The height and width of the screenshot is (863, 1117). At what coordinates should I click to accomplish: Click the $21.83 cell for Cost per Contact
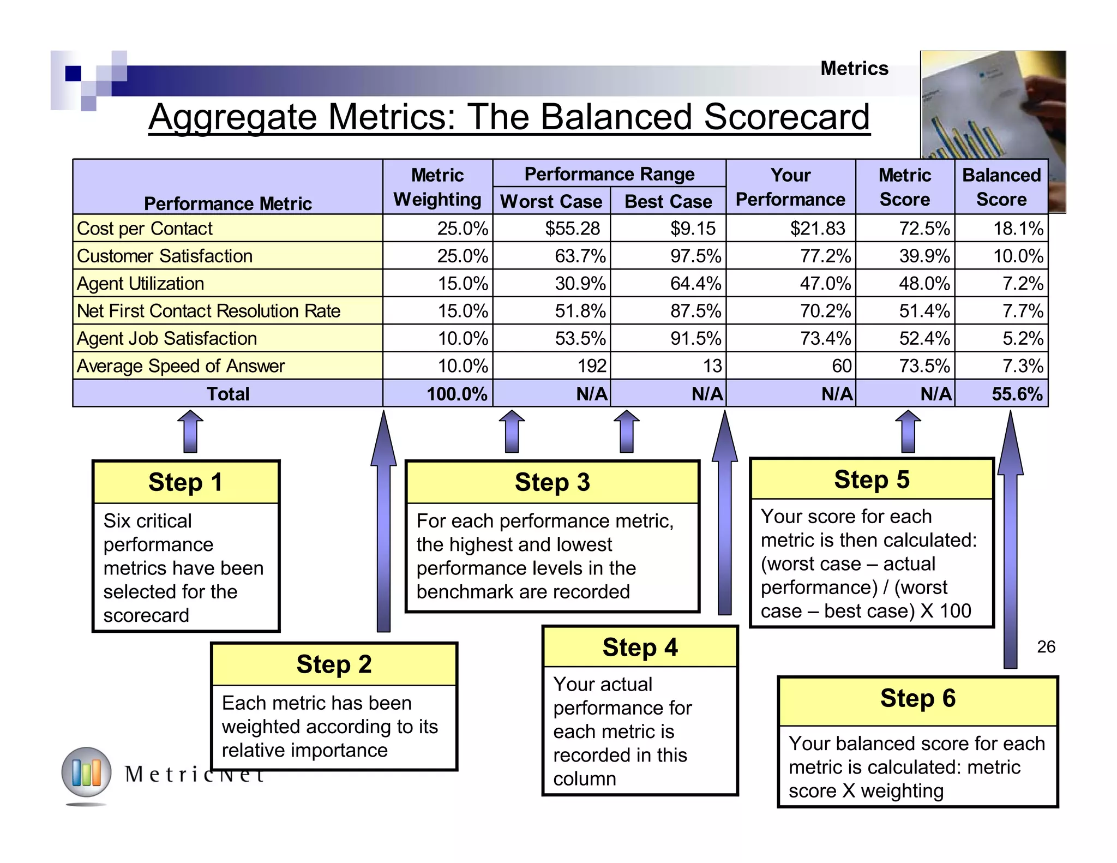click(817, 228)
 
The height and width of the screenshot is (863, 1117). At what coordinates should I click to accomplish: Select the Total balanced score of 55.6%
click(1017, 394)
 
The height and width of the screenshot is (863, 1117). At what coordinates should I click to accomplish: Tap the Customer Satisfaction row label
click(165, 256)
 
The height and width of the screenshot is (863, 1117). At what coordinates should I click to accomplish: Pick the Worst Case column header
click(551, 201)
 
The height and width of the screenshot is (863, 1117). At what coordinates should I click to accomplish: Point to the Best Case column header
click(668, 201)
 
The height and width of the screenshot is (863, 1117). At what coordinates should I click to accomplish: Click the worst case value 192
click(592, 365)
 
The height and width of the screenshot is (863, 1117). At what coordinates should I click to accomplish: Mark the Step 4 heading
click(640, 648)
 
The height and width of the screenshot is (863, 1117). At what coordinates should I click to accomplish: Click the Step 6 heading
click(917, 698)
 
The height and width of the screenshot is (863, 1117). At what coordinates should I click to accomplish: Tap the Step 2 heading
click(334, 664)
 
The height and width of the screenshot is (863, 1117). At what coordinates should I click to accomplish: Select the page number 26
click(1046, 647)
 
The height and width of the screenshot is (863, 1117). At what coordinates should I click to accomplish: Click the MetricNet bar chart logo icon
click(86, 772)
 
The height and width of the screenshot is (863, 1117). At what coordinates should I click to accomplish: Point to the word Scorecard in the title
click(786, 117)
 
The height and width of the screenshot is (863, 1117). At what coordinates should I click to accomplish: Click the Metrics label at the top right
click(854, 69)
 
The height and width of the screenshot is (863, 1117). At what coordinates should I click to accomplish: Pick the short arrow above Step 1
click(190, 431)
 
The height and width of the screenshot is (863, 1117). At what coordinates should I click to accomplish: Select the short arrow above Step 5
click(908, 431)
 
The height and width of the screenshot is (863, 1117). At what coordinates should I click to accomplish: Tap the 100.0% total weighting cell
click(457, 394)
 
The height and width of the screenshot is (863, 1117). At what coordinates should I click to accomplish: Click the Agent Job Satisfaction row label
click(167, 338)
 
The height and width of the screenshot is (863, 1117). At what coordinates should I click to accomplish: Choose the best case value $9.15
click(693, 228)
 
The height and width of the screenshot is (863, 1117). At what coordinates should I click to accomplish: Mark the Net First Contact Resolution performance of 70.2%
click(825, 311)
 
